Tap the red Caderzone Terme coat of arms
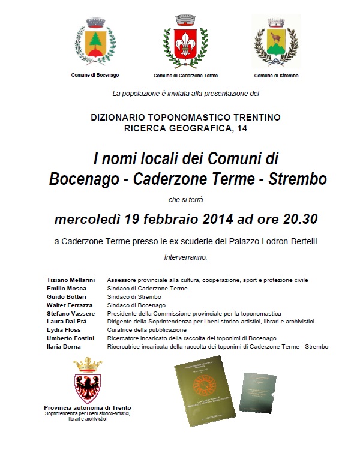tap(185, 44)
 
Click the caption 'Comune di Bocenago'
tap(95, 75)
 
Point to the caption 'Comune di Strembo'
tap(276, 76)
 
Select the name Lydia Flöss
tap(63, 330)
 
